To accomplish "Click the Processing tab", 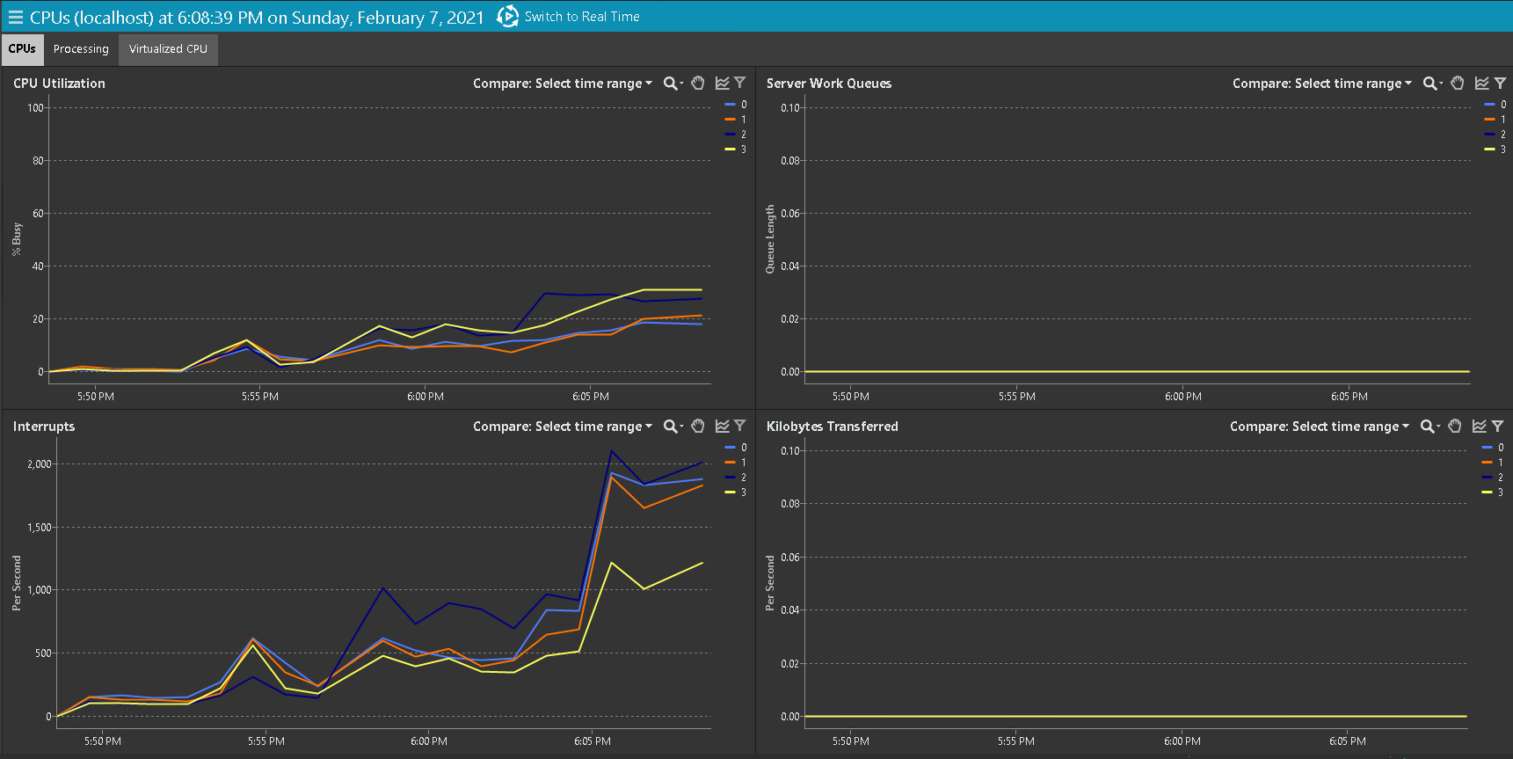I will pyautogui.click(x=81, y=49).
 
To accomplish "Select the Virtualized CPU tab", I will pyautogui.click(x=168, y=49).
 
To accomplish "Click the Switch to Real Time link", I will pyautogui.click(x=581, y=17).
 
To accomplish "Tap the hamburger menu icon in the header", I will pyautogui.click(x=15, y=18).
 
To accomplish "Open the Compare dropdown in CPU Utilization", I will pyautogui.click(x=563, y=84).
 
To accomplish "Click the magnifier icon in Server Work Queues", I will pyautogui.click(x=1430, y=84).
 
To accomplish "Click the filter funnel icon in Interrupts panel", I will pyautogui.click(x=740, y=426).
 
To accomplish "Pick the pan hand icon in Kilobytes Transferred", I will pyautogui.click(x=1455, y=426).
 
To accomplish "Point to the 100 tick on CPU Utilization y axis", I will pyautogui.click(x=35, y=108).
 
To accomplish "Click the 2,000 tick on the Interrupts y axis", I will pyautogui.click(x=40, y=463).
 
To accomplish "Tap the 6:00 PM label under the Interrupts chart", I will pyautogui.click(x=428, y=741).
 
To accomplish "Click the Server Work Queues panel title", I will pyautogui.click(x=828, y=84).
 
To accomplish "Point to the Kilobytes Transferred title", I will pyautogui.click(x=832, y=427).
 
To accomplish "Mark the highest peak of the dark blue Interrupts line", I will pyautogui.click(x=612, y=451).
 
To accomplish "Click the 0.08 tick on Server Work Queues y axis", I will pyautogui.click(x=789, y=161).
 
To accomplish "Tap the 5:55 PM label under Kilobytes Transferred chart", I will pyautogui.click(x=1015, y=741).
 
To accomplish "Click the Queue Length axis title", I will pyautogui.click(x=770, y=239).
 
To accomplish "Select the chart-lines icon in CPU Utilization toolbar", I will pyautogui.click(x=723, y=83).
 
